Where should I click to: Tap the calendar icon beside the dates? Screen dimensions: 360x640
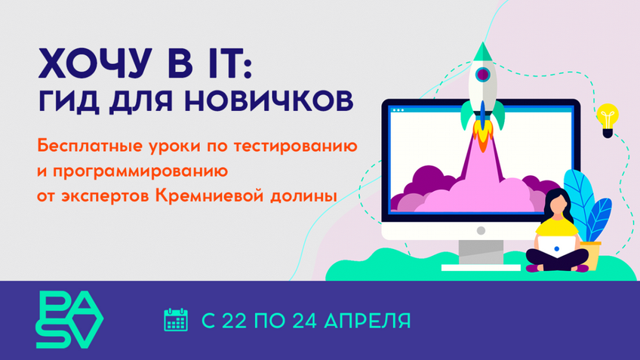[176, 320]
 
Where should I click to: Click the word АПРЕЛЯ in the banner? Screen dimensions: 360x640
[368, 320]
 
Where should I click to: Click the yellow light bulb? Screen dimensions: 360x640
[607, 121]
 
